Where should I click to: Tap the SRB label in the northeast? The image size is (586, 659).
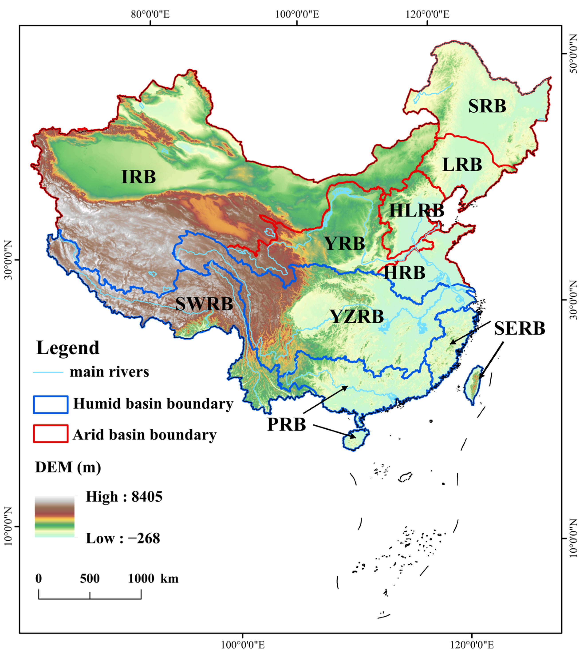(487, 106)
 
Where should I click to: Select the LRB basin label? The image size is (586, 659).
(462, 165)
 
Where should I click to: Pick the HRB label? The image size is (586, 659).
(404, 273)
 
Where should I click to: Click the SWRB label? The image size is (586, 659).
(204, 304)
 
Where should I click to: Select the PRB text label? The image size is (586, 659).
(286, 425)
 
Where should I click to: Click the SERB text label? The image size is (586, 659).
(519, 329)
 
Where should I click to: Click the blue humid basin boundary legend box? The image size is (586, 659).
(51, 405)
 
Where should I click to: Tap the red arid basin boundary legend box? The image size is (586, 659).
(51, 434)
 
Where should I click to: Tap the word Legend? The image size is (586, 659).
(68, 348)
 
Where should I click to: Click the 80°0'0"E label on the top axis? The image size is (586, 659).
(150, 14)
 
